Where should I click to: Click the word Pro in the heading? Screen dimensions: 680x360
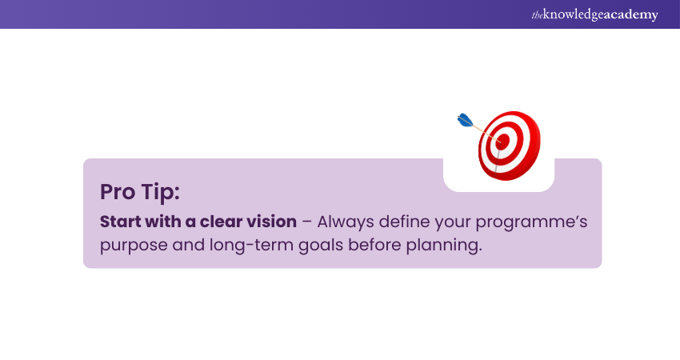click(118, 192)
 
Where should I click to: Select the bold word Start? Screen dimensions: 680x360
click(120, 222)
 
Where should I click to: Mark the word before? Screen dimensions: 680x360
click(375, 245)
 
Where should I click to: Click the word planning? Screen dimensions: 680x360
click(444, 246)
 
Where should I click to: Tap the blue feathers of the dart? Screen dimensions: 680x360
click(465, 120)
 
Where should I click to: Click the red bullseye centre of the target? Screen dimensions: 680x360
click(502, 142)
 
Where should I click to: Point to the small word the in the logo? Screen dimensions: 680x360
click(538, 15)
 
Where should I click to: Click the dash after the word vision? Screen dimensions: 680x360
click(307, 222)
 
